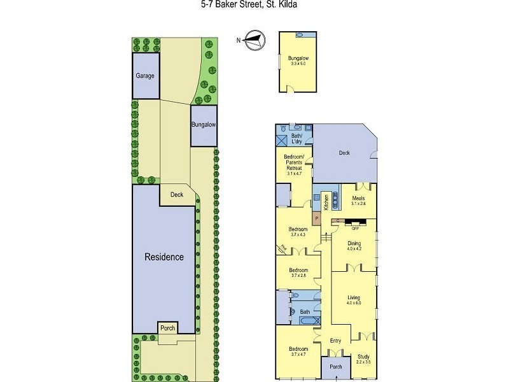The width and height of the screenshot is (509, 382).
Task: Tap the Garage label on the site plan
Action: (x=145, y=76)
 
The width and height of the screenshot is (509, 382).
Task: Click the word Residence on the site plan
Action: (x=164, y=257)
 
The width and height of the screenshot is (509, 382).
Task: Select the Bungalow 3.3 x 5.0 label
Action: (x=298, y=60)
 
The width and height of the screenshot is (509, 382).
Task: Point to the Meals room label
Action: (x=358, y=201)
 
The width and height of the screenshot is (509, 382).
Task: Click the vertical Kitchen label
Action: (x=326, y=202)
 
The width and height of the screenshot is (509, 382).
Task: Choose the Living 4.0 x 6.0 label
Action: (x=353, y=300)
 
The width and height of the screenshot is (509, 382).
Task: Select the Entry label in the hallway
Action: (x=335, y=341)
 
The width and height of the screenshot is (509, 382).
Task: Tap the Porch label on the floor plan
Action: (x=335, y=367)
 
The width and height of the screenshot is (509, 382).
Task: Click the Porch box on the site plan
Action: (x=167, y=328)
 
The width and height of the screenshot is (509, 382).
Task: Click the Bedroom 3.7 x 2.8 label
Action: (x=298, y=272)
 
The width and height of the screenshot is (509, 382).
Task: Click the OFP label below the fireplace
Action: (x=356, y=227)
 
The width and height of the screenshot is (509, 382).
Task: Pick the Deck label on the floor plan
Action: (x=344, y=153)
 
